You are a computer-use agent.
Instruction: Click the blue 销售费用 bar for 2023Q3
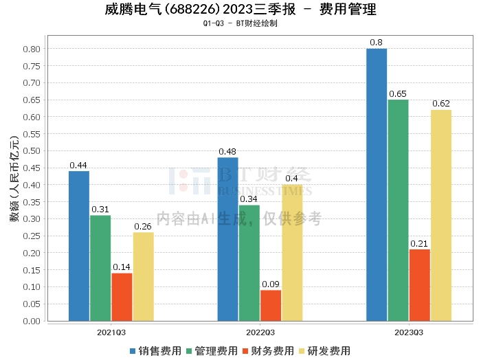pyautogui.click(x=377, y=185)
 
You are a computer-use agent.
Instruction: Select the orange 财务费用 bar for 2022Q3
pyautogui.click(x=271, y=306)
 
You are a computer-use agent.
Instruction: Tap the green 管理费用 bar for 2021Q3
pyautogui.click(x=100, y=269)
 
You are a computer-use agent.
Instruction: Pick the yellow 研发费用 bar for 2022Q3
pyautogui.click(x=292, y=253)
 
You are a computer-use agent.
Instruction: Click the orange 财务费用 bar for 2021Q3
pyautogui.click(x=122, y=297)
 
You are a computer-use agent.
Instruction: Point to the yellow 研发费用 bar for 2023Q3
pyautogui.click(x=441, y=216)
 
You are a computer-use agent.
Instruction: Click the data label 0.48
pyautogui.click(x=227, y=151)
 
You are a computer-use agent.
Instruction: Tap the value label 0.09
pyautogui.click(x=271, y=284)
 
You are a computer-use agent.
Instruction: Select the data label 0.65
pyautogui.click(x=398, y=94)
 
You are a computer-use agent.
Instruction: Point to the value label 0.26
pyautogui.click(x=143, y=227)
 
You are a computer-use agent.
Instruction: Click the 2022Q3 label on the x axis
pyautogui.click(x=260, y=333)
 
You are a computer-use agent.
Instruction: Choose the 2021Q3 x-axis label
pyautogui.click(x=111, y=333)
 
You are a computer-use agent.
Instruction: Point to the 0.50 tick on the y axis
pyautogui.click(x=32, y=151)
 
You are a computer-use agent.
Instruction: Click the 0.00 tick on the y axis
pyautogui.click(x=32, y=321)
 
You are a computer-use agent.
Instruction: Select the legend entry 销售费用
pyautogui.click(x=156, y=351)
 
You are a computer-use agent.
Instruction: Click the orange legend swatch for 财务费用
pyautogui.click(x=245, y=351)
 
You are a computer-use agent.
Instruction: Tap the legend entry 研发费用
pyautogui.click(x=325, y=351)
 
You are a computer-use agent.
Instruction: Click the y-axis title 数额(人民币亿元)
pyautogui.click(x=14, y=179)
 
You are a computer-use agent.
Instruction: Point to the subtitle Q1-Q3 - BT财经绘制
pyautogui.click(x=240, y=23)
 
